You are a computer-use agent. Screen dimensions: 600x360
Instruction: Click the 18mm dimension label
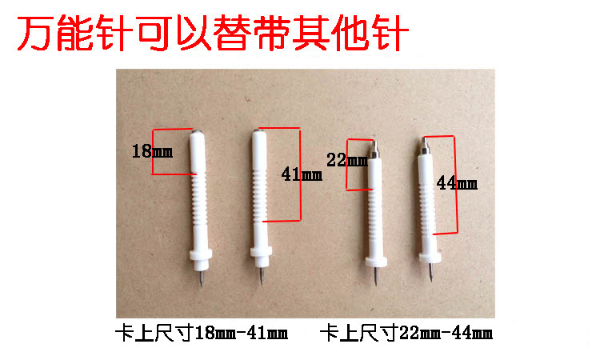[x=152, y=151]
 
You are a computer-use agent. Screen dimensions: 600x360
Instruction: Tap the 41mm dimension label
[x=302, y=174]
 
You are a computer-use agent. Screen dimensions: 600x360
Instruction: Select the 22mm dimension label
[x=347, y=160]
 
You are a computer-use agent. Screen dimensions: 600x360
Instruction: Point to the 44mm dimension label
[x=457, y=183]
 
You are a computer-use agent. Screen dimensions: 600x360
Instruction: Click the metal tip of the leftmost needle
[x=202, y=278]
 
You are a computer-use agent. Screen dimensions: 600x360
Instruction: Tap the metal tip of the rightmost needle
[x=431, y=272]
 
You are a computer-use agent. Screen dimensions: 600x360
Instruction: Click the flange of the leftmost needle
[x=201, y=254]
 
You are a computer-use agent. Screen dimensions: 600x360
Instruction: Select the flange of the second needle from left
[x=262, y=252]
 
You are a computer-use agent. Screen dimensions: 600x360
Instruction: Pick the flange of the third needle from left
[x=376, y=262]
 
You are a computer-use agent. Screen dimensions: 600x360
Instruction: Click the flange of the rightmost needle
[x=430, y=255]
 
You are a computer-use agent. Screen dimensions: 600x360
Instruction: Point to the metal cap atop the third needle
[x=375, y=149]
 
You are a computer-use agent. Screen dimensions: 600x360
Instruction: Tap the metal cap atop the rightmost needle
[x=424, y=146]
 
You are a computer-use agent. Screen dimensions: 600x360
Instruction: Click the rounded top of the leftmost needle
[x=197, y=133]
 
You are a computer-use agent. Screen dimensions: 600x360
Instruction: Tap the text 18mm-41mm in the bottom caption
[x=241, y=334]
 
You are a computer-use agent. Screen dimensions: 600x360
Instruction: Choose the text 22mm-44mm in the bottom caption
[x=446, y=334]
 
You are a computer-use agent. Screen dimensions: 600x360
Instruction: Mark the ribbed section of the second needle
[x=260, y=196]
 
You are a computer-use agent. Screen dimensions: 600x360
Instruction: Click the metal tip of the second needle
[x=262, y=275]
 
